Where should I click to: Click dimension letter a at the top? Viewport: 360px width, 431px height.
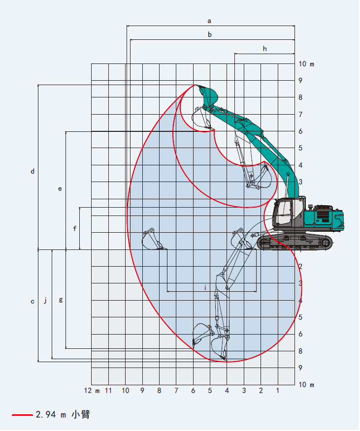click(x=209, y=21)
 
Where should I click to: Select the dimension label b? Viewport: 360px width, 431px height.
click(x=210, y=34)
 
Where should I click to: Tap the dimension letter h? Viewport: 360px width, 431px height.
click(x=265, y=49)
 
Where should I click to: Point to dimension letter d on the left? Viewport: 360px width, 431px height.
click(x=33, y=171)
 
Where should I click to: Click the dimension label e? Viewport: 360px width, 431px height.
click(x=60, y=189)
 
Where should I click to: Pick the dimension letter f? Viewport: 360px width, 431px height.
click(x=74, y=228)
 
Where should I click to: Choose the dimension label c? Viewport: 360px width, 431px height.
click(x=33, y=302)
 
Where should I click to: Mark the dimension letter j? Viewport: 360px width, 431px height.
click(x=45, y=300)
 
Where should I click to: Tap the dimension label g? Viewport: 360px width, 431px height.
click(x=61, y=300)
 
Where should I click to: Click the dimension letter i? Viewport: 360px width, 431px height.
click(x=205, y=288)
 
